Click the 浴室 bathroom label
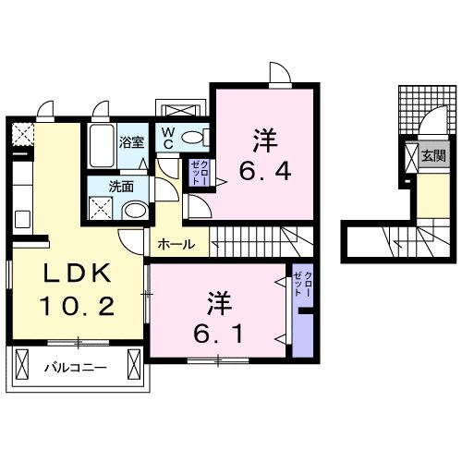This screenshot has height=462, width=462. pyautogui.click(x=131, y=142)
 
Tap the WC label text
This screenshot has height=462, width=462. pyautogui.click(x=168, y=138)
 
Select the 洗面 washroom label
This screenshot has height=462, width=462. pyautogui.click(x=121, y=186)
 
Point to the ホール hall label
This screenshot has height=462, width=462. pyautogui.click(x=176, y=245)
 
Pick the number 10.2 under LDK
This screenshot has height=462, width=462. pyautogui.click(x=77, y=306)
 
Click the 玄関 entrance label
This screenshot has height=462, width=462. pyautogui.click(x=433, y=156)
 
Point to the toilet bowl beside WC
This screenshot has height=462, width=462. pyautogui.click(x=194, y=138)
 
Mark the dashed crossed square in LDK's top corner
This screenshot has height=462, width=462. pyautogui.click(x=20, y=135)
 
